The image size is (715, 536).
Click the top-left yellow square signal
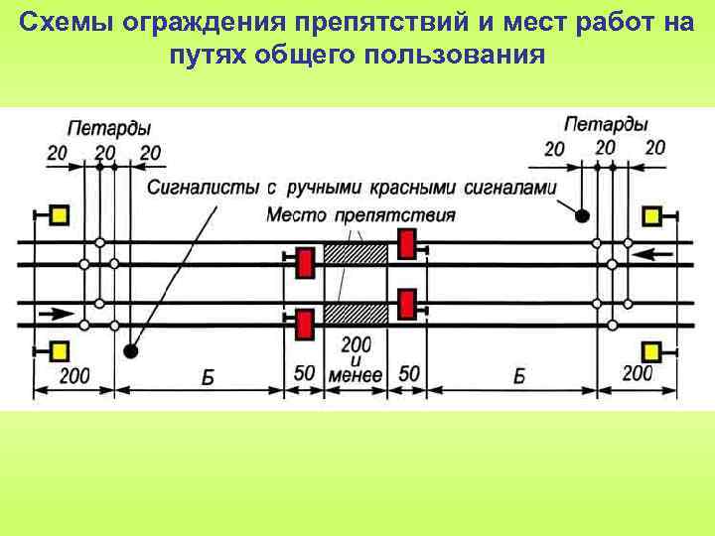[x=59, y=215]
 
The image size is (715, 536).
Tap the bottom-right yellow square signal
[x=652, y=350]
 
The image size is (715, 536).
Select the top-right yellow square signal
[x=652, y=215]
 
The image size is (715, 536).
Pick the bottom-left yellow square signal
[x=59, y=350]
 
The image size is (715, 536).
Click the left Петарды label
[x=109, y=128]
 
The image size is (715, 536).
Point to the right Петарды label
[x=606, y=125]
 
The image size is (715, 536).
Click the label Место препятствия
[x=361, y=215]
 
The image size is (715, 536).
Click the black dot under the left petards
[x=131, y=350]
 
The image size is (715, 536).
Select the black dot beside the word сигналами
[x=583, y=214]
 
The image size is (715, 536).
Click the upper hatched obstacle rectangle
[x=356, y=253]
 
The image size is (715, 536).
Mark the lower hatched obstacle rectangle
[x=356, y=314]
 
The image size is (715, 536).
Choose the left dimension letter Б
[x=207, y=376]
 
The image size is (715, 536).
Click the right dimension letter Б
[x=519, y=376]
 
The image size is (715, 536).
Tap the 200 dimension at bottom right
[x=637, y=373]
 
